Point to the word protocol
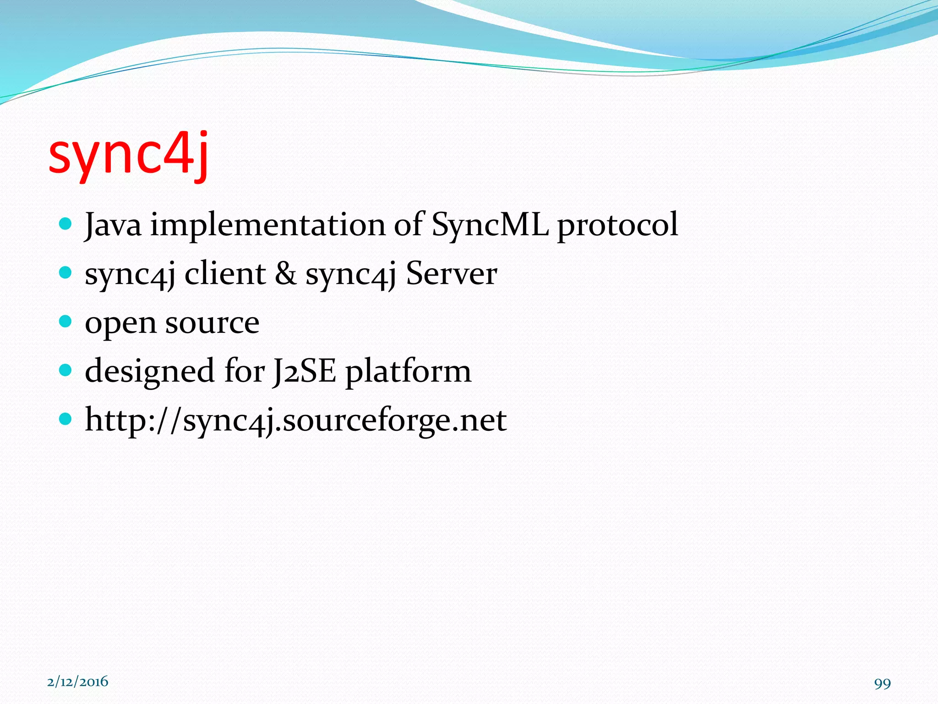tap(617, 225)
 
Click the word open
tap(120, 324)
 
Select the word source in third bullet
tap(212, 323)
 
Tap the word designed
tap(149, 371)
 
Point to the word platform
tap(408, 371)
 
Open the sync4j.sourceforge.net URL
tap(295, 420)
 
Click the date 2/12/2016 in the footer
tap(78, 682)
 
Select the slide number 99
tap(882, 683)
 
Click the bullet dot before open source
tap(66, 321)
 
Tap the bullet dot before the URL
tap(66, 418)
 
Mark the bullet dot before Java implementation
tap(66, 224)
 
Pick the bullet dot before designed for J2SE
tap(66, 369)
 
